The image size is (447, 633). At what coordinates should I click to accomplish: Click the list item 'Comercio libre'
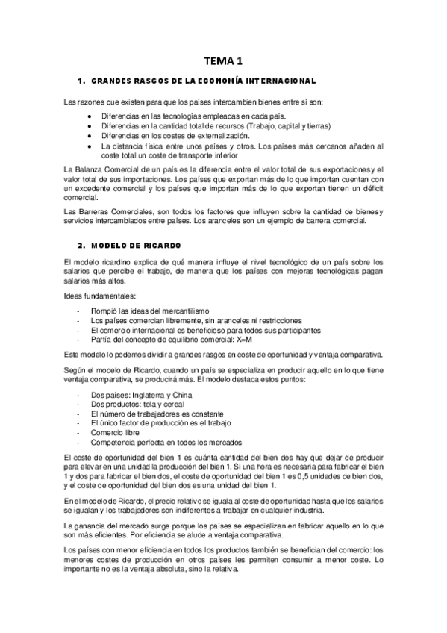click(115, 431)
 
